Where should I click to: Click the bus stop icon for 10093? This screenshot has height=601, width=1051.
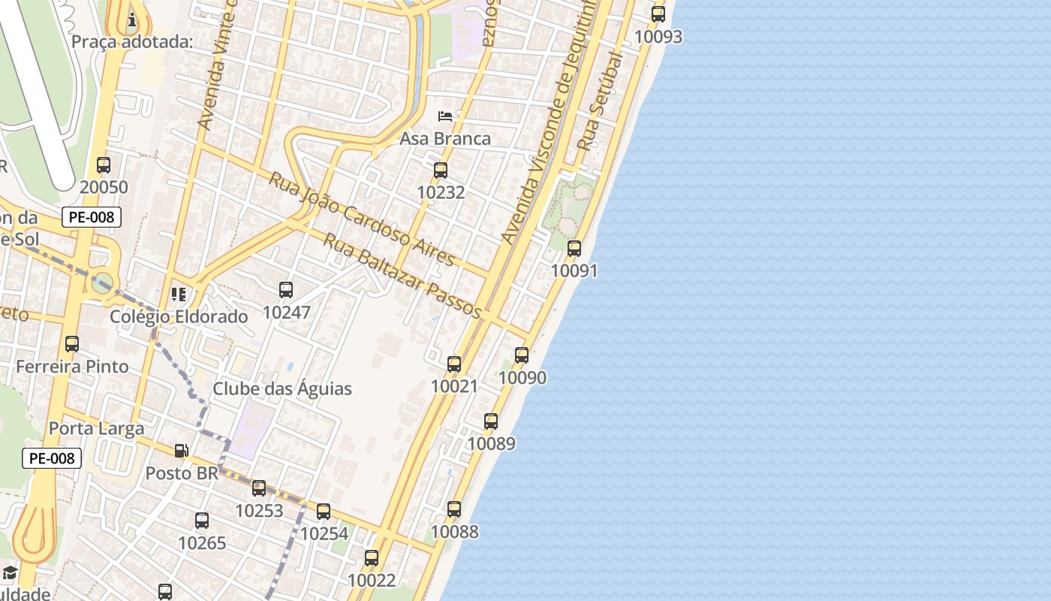(658, 14)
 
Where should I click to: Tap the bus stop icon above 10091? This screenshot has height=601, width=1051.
(574, 248)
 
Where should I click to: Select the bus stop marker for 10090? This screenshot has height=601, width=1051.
(522, 355)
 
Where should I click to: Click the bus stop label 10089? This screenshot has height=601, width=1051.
(491, 443)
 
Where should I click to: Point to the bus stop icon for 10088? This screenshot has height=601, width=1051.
(454, 509)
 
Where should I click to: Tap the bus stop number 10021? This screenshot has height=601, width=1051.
(454, 386)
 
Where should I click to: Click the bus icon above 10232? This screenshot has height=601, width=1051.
(441, 170)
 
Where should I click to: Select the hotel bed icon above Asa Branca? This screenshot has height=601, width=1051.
(445, 116)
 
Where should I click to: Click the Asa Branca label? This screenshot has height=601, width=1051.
(445, 138)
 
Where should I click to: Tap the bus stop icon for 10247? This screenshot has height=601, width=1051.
(286, 290)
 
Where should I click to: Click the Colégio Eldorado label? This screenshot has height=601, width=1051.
(179, 316)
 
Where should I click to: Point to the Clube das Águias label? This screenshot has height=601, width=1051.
(282, 388)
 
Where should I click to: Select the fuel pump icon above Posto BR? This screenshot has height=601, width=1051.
(181, 451)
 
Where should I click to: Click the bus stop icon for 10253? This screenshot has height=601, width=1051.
(259, 488)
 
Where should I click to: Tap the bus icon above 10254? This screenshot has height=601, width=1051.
(324, 512)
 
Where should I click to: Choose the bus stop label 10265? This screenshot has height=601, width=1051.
(202, 542)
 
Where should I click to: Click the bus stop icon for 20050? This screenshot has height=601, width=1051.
(104, 165)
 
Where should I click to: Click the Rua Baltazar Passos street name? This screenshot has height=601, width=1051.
(402, 276)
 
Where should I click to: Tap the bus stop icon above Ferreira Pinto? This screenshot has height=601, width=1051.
(72, 344)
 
